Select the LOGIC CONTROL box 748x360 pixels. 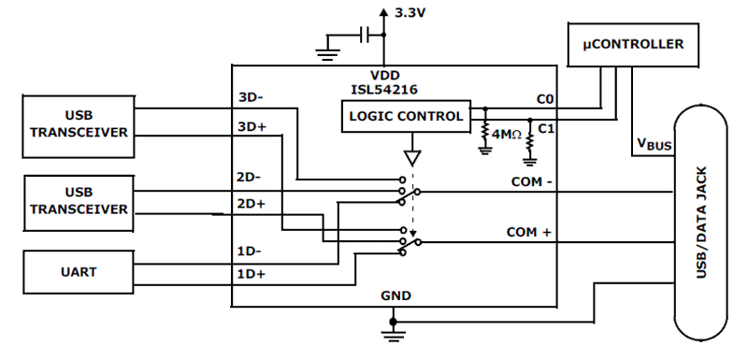pos(405,117)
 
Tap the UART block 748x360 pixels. pos(78,273)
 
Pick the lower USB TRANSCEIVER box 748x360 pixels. pos(78,199)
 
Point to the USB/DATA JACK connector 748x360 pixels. pos(701,224)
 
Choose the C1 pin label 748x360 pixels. pos(547,130)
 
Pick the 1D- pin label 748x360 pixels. pos(248,251)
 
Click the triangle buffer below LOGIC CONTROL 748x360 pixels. pos(412,157)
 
